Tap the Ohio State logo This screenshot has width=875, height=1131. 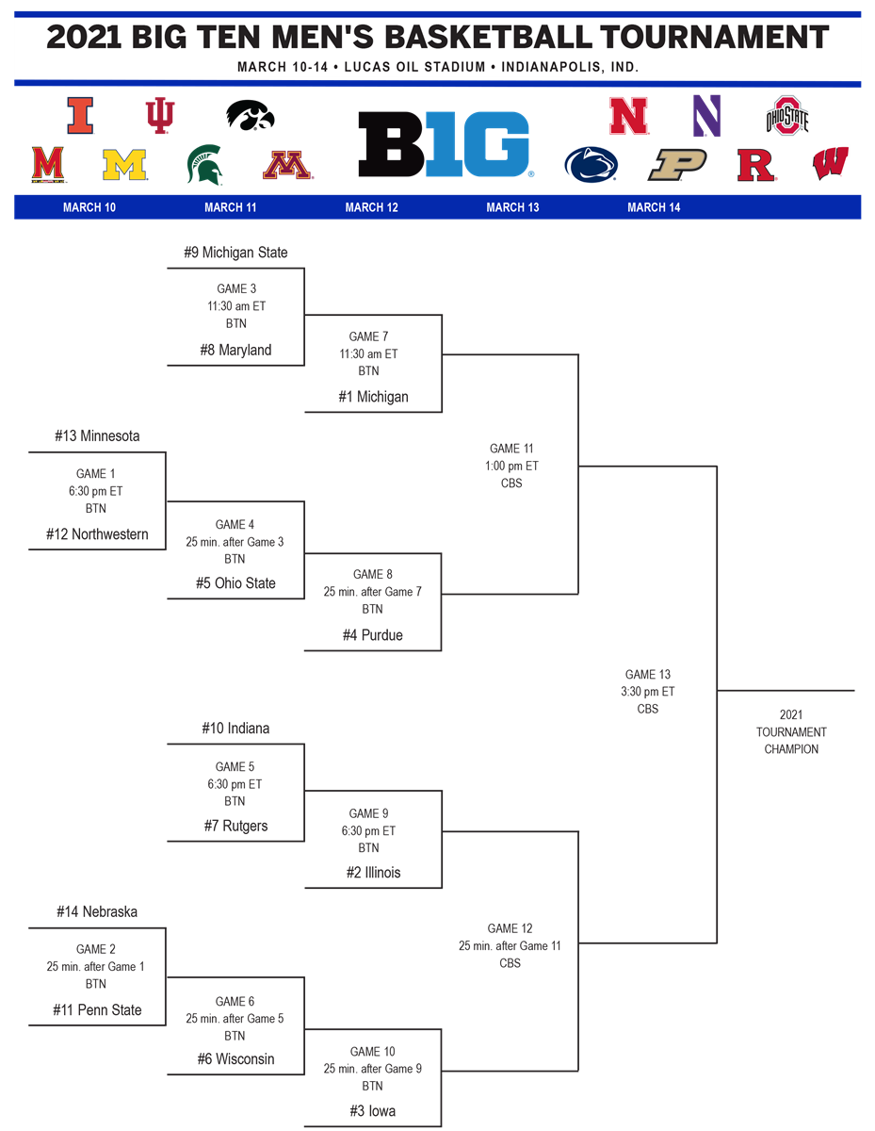pos(787,115)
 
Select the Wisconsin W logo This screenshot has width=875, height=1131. pos(830,164)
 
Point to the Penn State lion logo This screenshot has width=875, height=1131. pos(591,165)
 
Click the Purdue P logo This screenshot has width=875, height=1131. pos(677,165)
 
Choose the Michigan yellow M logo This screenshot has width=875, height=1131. pos(124,165)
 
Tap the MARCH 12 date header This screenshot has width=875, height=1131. pos(371,207)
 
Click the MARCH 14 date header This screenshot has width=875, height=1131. pos(654,207)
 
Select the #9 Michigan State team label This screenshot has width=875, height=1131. pos(235,253)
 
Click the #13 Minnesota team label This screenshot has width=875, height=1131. pos(97,436)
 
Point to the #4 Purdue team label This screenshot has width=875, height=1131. pos(373,635)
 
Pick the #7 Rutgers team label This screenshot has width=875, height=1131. pos(236,826)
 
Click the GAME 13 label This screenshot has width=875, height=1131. pos(648,675)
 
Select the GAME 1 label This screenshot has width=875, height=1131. pos(97,474)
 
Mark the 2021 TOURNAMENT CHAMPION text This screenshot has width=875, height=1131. pos(791,732)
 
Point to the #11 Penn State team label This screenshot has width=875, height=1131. pos(97,1010)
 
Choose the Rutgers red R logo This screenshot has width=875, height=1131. pos(757,165)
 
